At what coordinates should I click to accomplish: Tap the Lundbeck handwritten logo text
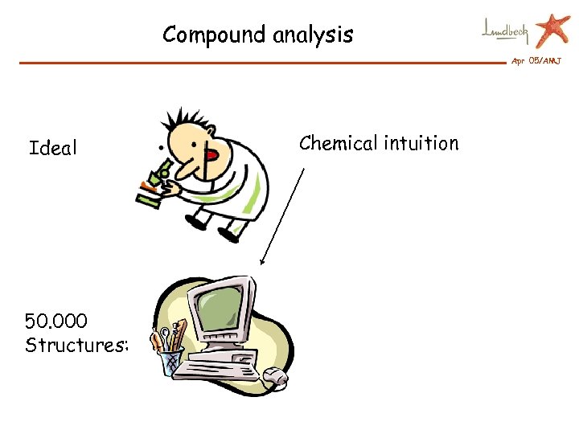(x=505, y=31)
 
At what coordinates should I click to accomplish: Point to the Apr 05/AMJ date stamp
(x=536, y=61)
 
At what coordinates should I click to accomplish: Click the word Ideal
(x=53, y=148)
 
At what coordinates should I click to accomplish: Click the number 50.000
(x=56, y=321)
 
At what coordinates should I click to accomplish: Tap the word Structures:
(x=76, y=346)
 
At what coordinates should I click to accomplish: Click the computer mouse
(x=276, y=375)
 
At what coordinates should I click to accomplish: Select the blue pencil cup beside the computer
(x=172, y=361)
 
